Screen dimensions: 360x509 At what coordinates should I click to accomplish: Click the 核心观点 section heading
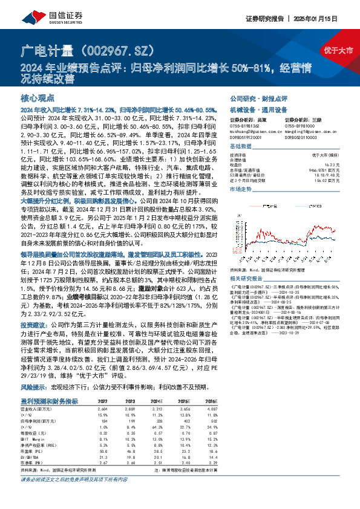38,97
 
